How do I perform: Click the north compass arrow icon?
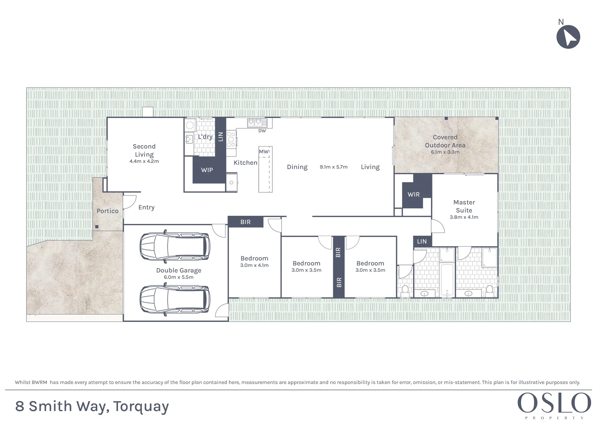[568, 37]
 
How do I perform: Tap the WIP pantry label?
[207, 170]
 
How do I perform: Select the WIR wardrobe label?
[413, 194]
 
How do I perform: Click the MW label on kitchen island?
[264, 152]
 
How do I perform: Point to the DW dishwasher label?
[262, 131]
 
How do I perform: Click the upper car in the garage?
[174, 247]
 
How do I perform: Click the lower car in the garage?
[174, 300]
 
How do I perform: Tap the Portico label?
[107, 211]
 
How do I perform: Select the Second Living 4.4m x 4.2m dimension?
[144, 161]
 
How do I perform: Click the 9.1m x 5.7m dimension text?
[333, 167]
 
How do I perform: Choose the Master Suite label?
[464, 206]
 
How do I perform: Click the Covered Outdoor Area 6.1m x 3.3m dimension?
[445, 152]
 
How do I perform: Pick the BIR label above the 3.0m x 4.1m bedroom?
[245, 222]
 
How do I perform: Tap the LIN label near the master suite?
[422, 241]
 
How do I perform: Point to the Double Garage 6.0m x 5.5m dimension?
[179, 277]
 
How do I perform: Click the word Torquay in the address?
[141, 407]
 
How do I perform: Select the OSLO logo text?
[554, 403]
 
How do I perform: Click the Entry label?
[146, 207]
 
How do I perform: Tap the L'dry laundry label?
[205, 137]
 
